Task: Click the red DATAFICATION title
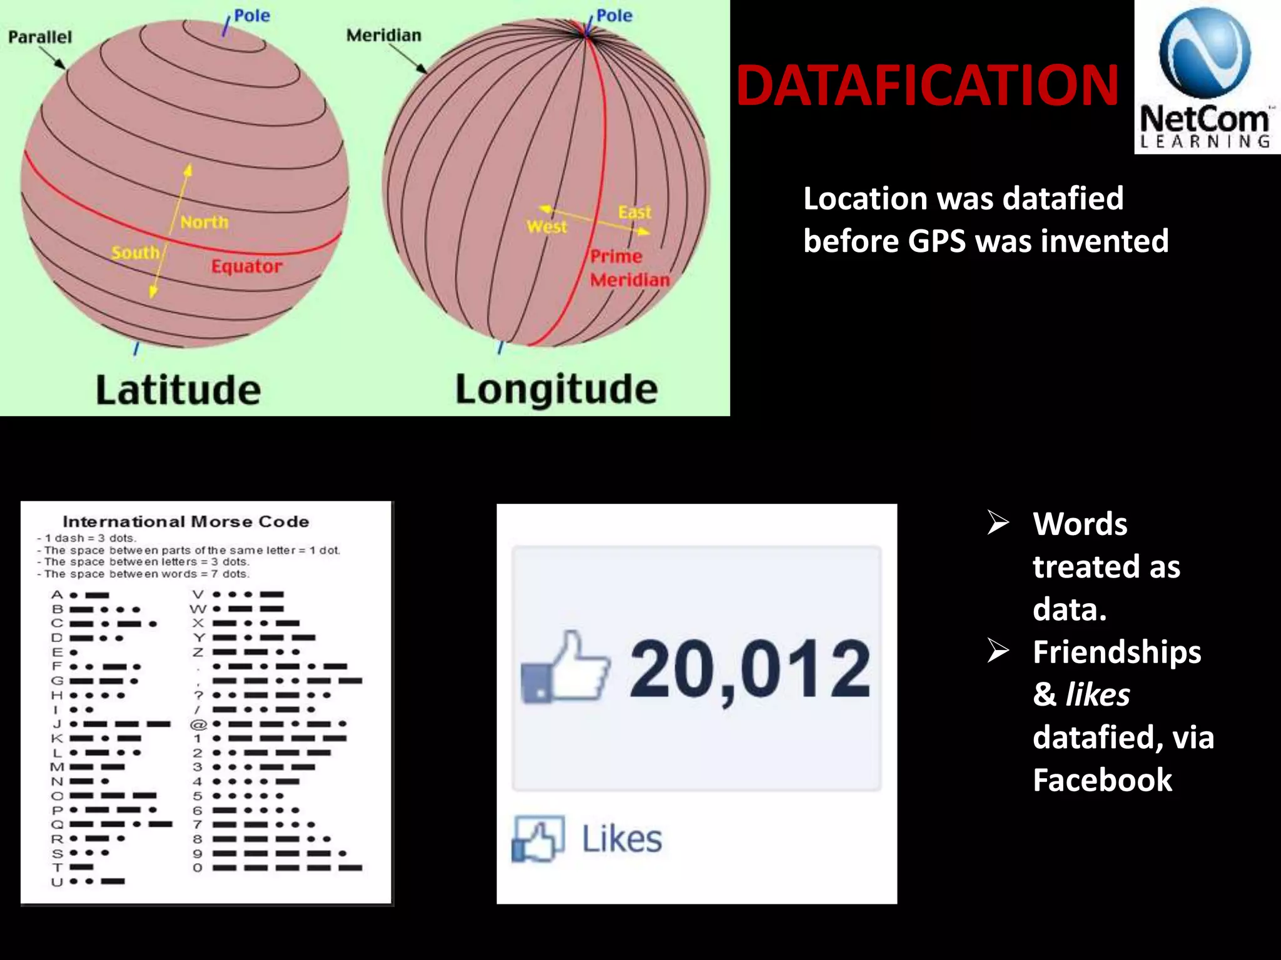[x=927, y=86]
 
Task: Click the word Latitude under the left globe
[x=178, y=390]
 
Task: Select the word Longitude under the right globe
[x=556, y=389]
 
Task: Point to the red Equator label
[x=246, y=267]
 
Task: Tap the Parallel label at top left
[x=40, y=37]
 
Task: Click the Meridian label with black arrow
[x=383, y=36]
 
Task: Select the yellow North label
[x=205, y=222]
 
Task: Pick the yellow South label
[x=135, y=252]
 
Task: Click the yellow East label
[x=634, y=212]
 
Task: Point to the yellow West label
[x=547, y=227]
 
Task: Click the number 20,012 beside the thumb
[x=749, y=669]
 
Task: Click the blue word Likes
[x=622, y=839]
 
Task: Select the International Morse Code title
[x=186, y=522]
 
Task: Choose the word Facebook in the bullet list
[x=1102, y=780]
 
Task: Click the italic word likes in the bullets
[x=1098, y=694]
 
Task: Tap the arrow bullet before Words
[x=998, y=522]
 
